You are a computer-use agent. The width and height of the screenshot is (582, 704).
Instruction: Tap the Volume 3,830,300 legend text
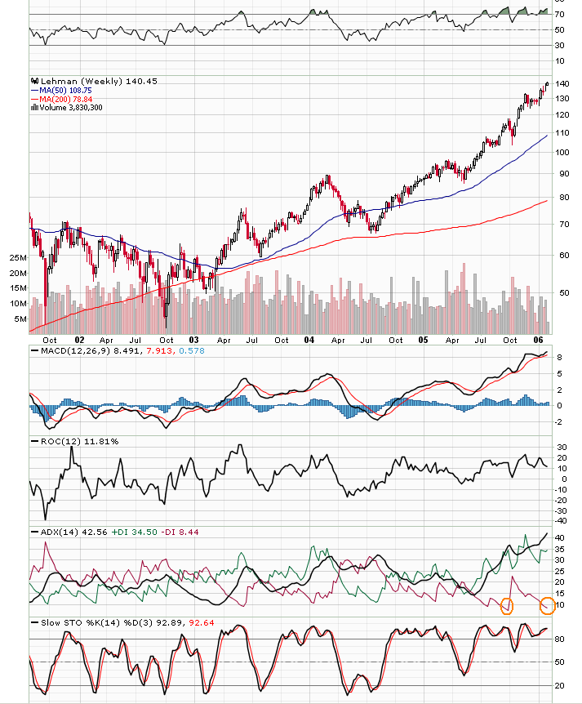tap(71, 107)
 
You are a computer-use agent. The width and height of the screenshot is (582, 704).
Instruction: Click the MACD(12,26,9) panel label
tap(76, 350)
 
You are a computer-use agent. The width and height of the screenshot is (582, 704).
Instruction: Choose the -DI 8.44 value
tap(180, 532)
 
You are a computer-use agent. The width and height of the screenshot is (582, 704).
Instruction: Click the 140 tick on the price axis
tap(562, 84)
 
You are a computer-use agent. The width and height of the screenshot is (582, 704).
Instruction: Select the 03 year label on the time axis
tap(194, 339)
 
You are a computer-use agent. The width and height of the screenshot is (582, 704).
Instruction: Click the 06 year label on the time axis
tap(538, 339)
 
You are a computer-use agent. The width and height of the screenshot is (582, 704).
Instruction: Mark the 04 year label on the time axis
tap(309, 339)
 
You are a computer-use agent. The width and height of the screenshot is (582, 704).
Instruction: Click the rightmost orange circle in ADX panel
tap(548, 606)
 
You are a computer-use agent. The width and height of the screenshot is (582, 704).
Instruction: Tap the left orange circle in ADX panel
tap(507, 606)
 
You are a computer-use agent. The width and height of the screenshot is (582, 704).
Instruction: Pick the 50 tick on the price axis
tap(562, 292)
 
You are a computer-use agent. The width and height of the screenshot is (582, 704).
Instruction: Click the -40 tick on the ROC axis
tap(562, 520)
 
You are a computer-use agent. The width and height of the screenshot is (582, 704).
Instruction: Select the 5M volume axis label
tap(20, 319)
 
